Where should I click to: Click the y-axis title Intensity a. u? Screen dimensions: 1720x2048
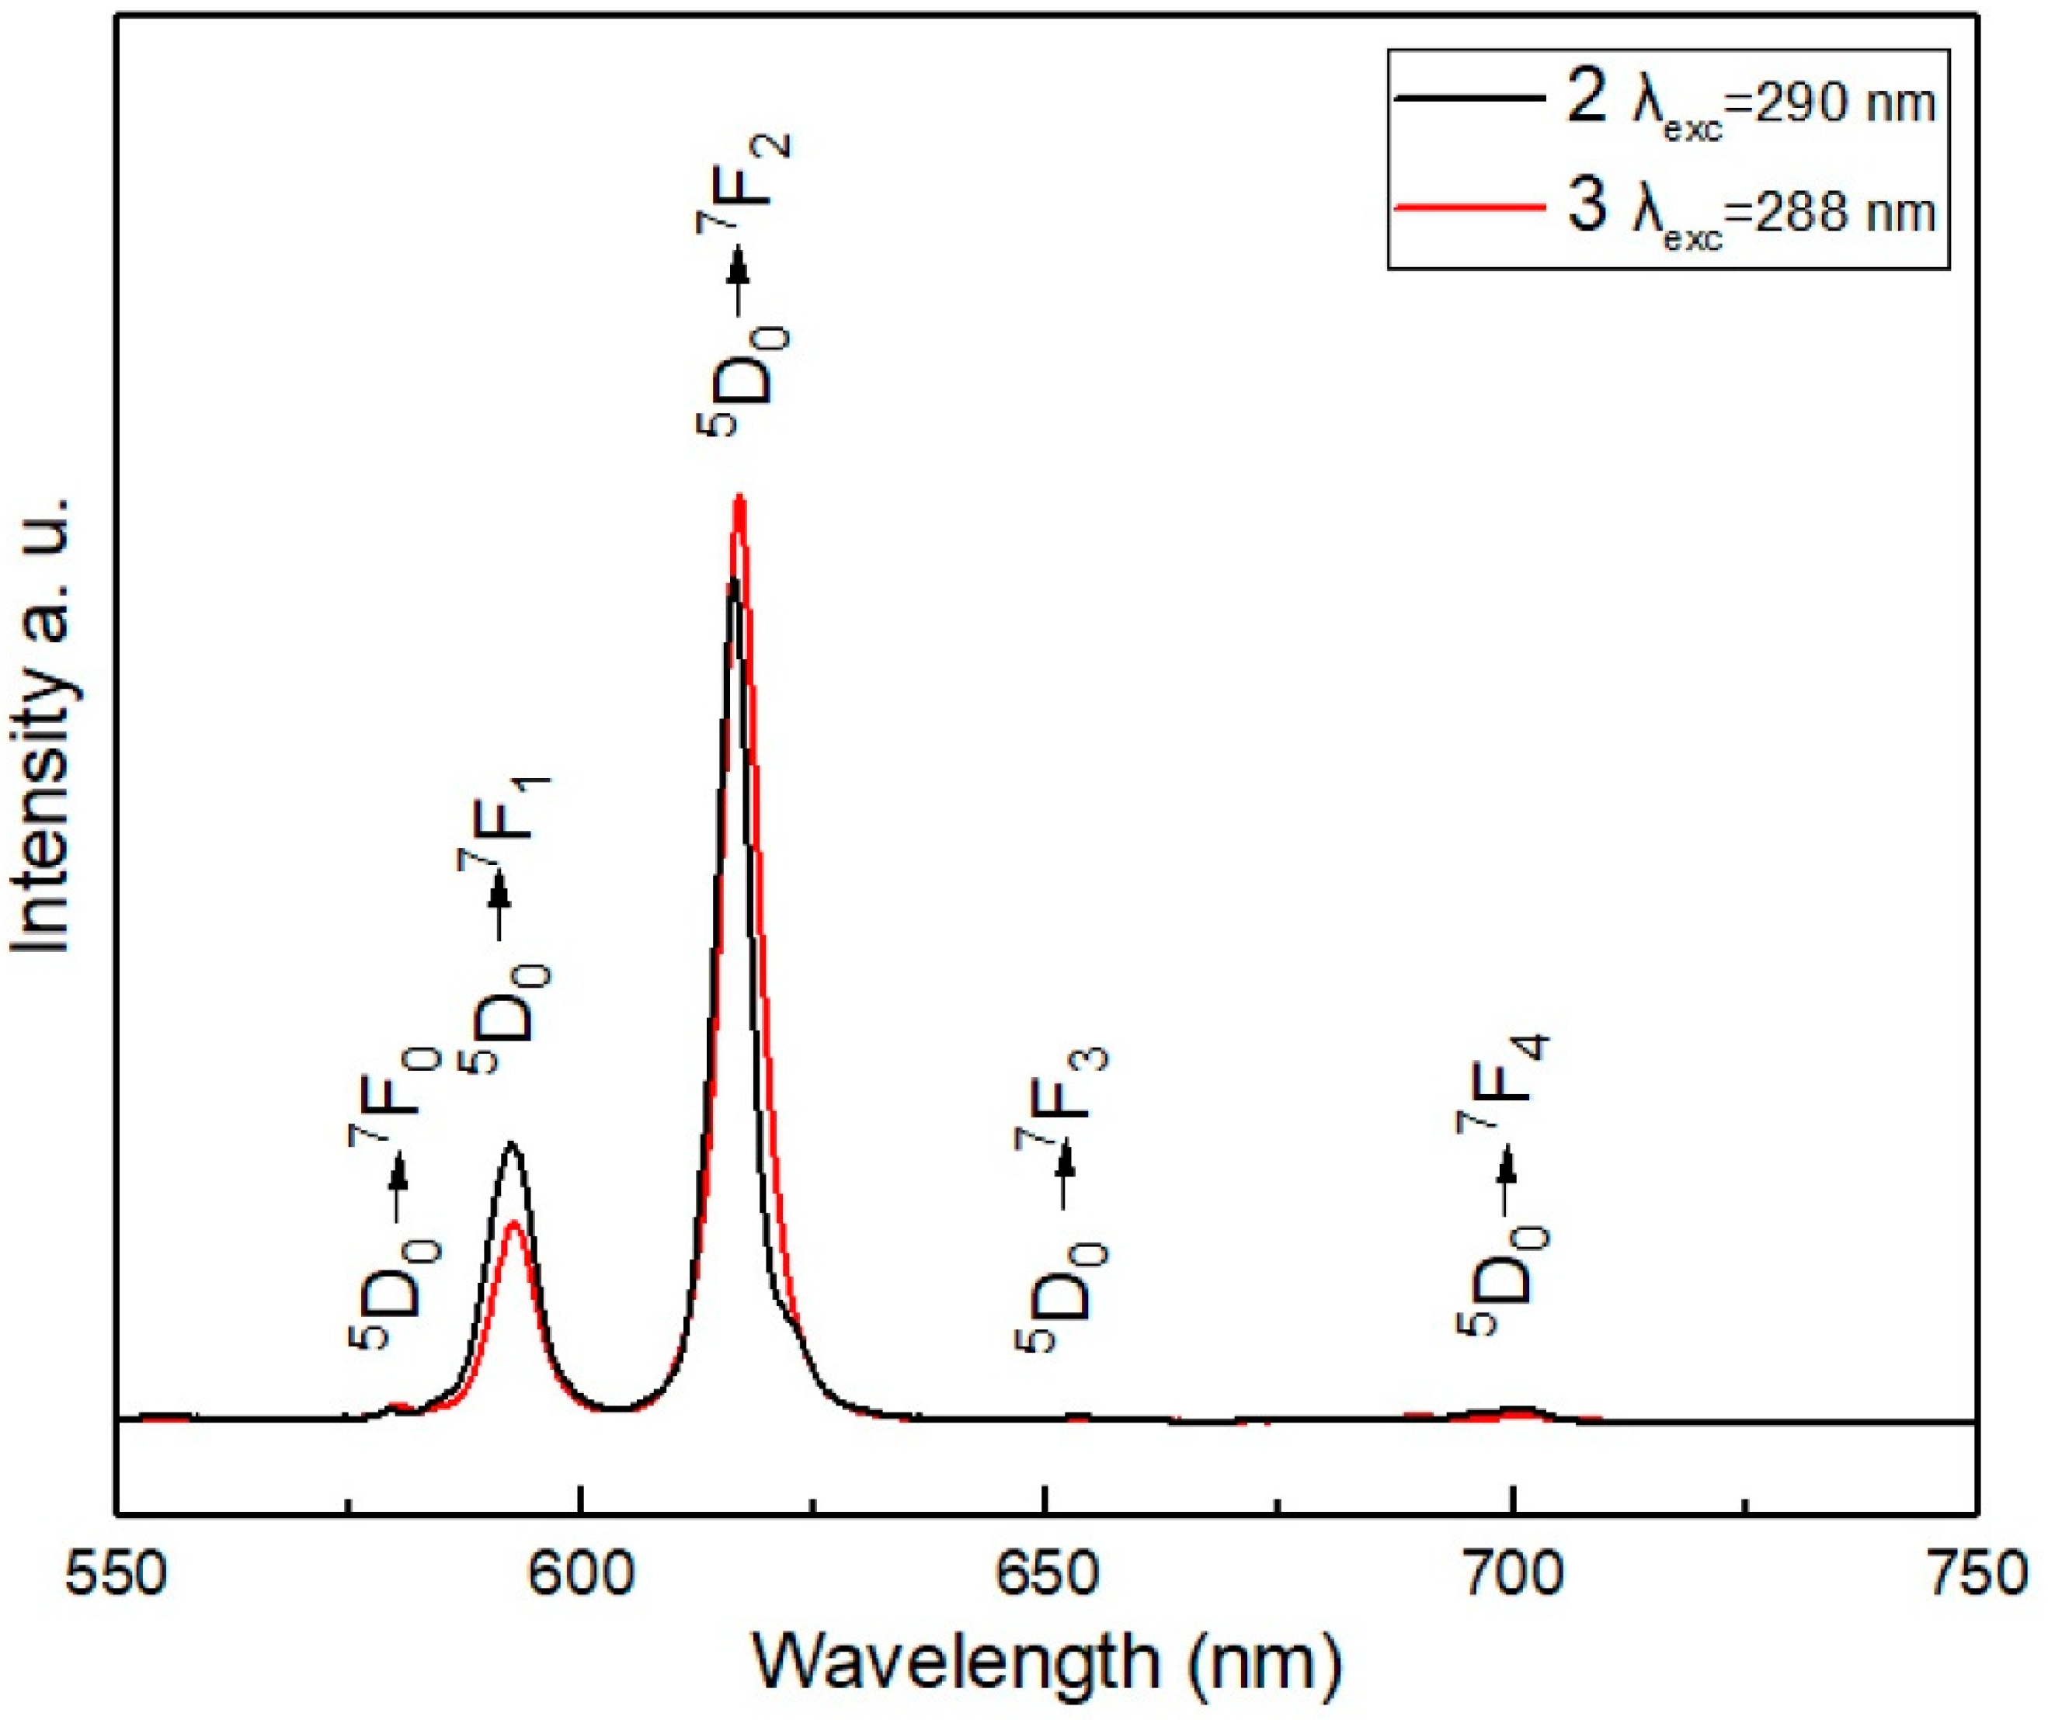point(44,726)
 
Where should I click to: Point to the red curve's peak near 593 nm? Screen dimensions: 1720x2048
point(515,1223)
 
